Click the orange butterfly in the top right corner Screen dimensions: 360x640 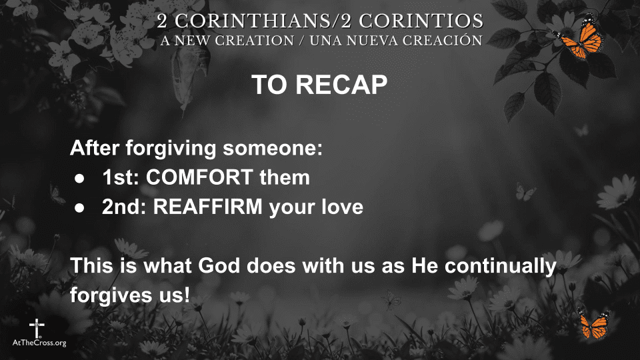click(579, 39)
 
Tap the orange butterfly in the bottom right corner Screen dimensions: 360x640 click(593, 325)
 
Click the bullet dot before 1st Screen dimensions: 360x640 click(79, 179)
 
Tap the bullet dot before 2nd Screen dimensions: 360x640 click(79, 208)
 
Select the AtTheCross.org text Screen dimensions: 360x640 click(40, 343)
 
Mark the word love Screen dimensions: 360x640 click(343, 207)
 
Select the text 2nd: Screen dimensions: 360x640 click(125, 207)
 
